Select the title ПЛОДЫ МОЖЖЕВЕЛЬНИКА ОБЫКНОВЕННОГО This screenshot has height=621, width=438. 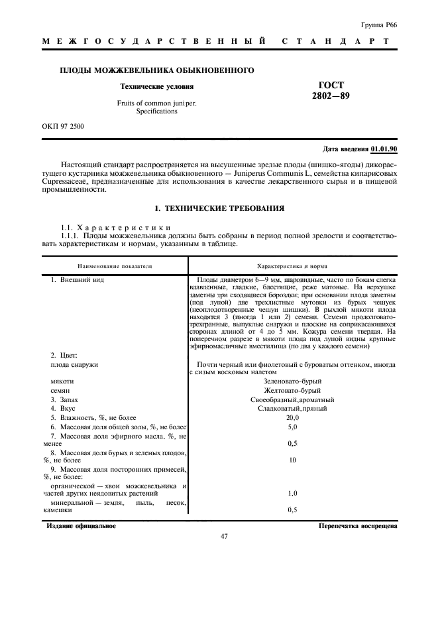click(158, 70)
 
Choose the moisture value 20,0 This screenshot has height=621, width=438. click(292, 418)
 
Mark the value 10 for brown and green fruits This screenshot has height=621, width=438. click(292, 459)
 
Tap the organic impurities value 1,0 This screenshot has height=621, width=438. click(292, 494)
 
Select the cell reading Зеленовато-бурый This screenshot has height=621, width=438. click(292, 381)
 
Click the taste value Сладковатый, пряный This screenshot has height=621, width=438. click(292, 409)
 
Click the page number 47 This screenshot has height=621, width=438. click(224, 537)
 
